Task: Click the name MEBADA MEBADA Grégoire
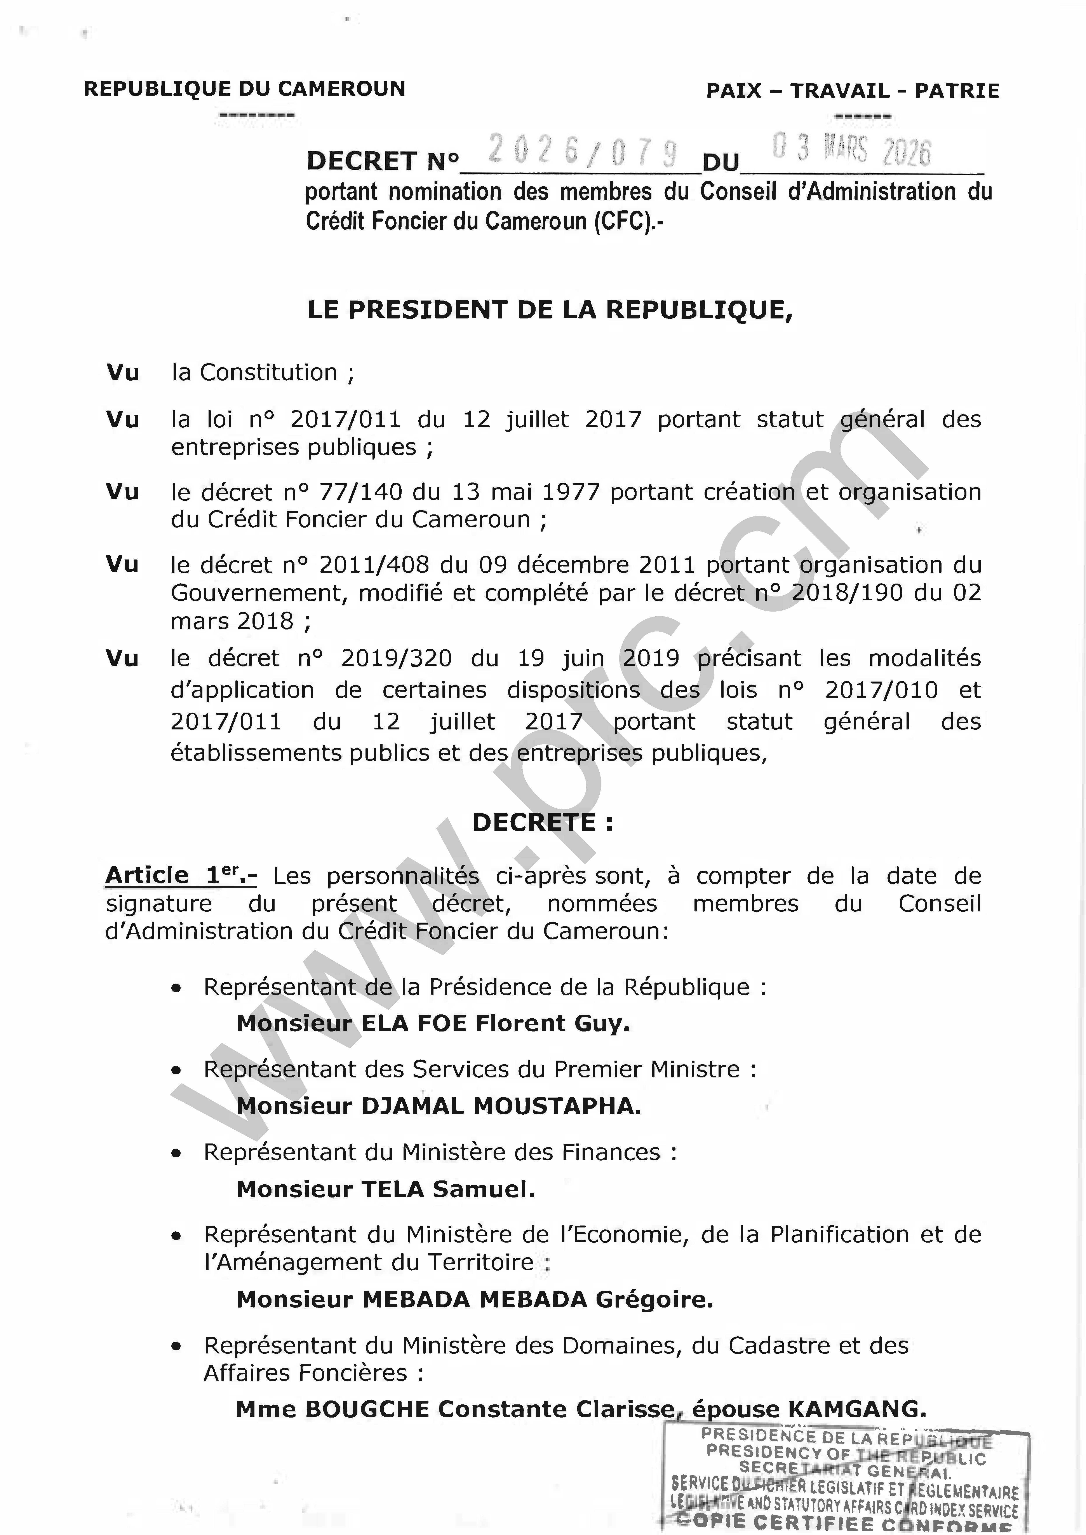click(x=537, y=1299)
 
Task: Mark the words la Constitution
click(x=254, y=373)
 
